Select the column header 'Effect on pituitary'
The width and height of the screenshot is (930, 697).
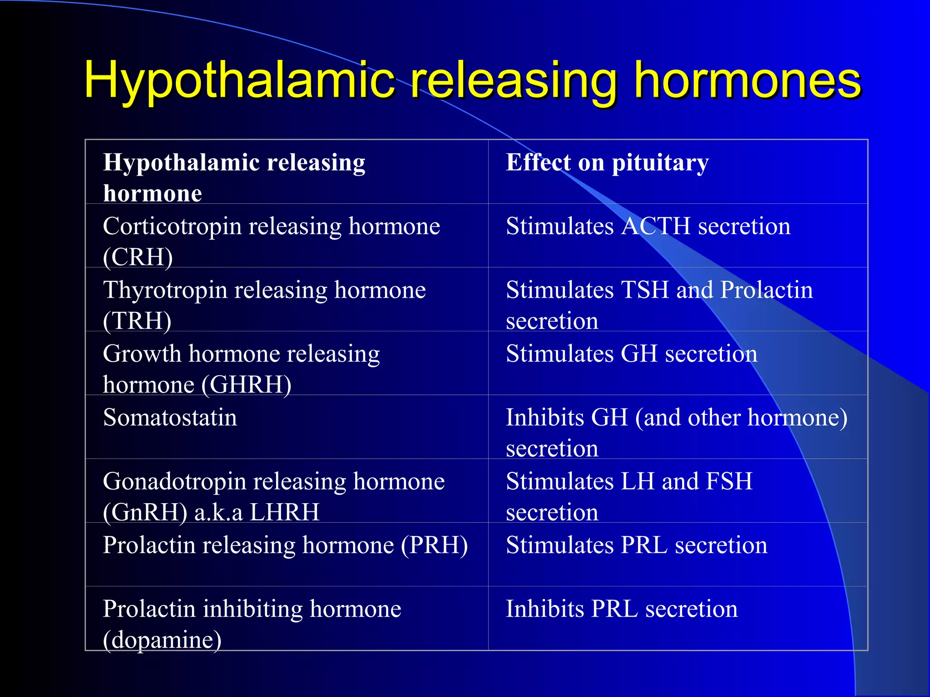coord(607,163)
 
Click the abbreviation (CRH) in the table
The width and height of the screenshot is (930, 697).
coord(138,257)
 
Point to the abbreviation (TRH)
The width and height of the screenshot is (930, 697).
coord(137,321)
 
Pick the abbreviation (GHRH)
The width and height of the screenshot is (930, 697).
coord(246,385)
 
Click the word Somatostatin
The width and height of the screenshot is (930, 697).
coord(170,417)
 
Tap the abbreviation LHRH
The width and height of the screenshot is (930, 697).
coord(284,512)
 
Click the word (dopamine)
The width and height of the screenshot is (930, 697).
coord(162,640)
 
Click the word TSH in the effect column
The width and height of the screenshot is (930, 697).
coord(644,290)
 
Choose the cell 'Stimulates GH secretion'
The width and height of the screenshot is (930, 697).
coord(632,354)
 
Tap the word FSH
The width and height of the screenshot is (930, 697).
coord(729,481)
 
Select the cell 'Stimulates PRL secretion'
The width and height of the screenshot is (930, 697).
coord(637,545)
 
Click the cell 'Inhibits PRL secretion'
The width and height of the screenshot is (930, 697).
coord(622,609)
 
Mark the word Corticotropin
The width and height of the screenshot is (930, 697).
coord(172,226)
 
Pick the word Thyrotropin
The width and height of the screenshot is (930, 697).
coord(165,290)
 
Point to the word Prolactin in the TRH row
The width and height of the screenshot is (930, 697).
coord(767,290)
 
